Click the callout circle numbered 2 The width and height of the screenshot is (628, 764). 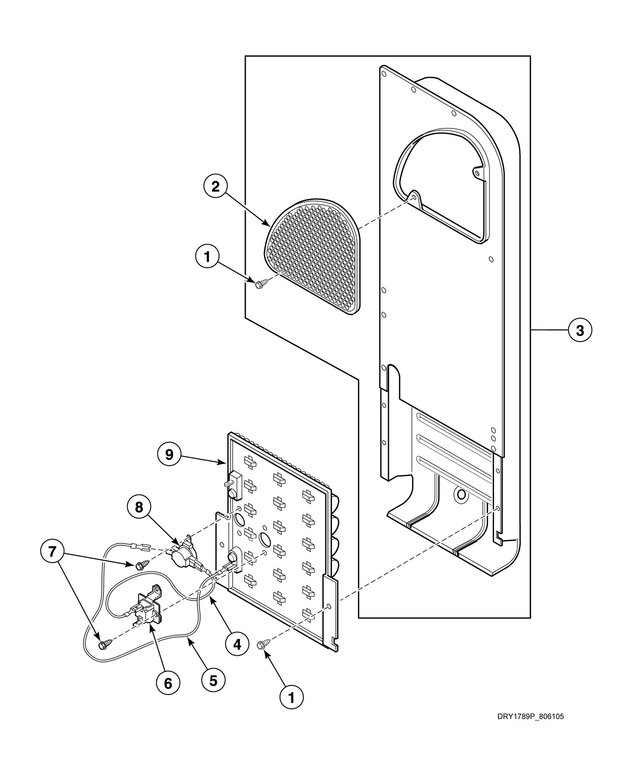(215, 187)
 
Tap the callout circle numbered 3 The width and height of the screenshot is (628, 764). (580, 330)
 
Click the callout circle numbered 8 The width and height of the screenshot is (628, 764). (139, 507)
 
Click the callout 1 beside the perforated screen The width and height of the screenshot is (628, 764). (207, 257)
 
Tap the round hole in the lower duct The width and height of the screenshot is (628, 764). (461, 495)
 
